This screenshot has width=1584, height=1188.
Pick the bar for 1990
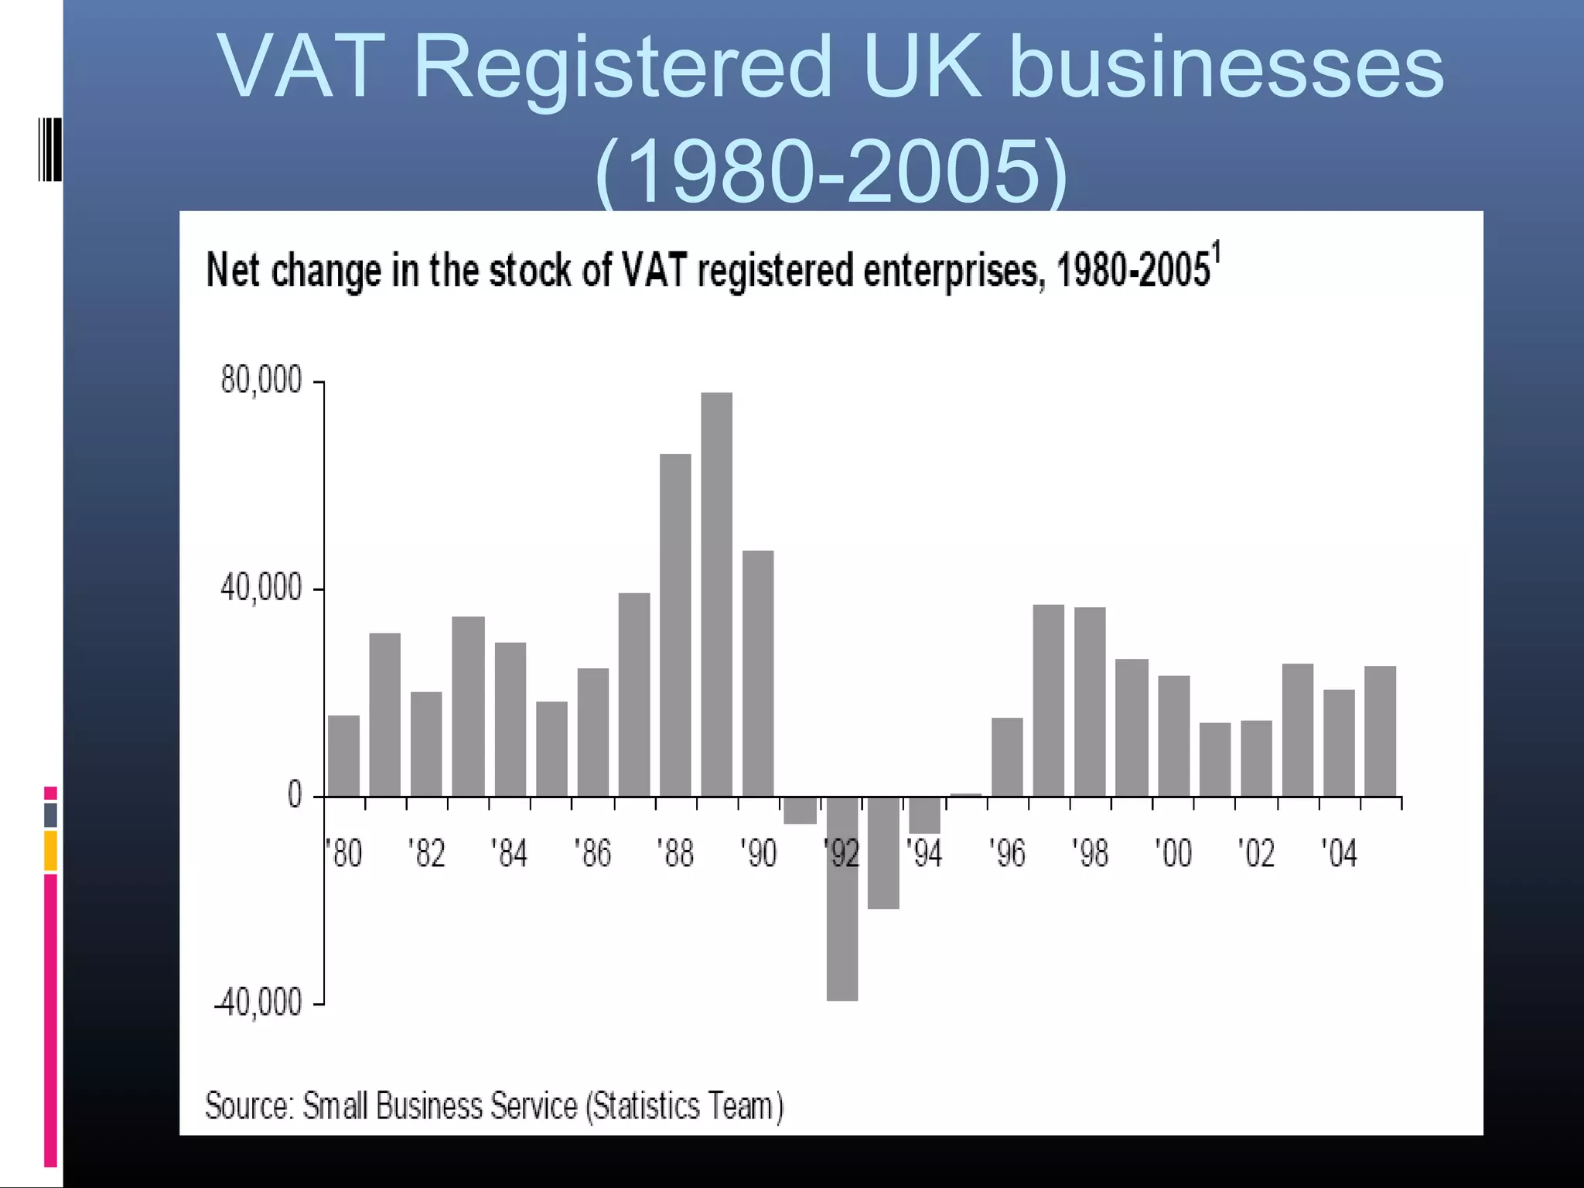pos(758,673)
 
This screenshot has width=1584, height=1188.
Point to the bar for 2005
pos(1380,731)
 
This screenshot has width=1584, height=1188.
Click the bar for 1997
pos(1048,700)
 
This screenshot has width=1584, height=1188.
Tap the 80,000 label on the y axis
pos(261,381)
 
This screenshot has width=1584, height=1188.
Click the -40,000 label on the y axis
pos(258,1003)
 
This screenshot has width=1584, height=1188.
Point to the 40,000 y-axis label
pos(261,589)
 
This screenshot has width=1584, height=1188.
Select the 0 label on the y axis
pos(295,795)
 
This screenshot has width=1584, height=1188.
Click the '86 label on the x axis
pos(592,854)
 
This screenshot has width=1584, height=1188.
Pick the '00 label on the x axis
pos(1173,854)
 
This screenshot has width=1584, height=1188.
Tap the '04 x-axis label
pos(1338,854)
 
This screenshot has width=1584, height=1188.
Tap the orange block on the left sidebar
pos(50,851)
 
